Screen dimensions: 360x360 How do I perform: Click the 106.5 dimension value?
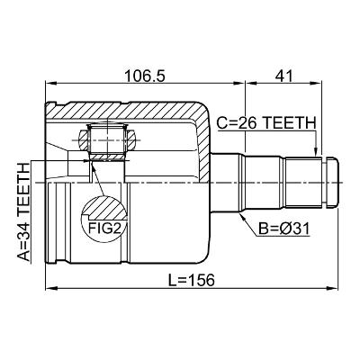point(145,76)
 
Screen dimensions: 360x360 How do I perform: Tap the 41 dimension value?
point(283,76)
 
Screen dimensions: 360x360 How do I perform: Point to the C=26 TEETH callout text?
point(266,123)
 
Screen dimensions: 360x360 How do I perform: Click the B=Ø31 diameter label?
point(284,229)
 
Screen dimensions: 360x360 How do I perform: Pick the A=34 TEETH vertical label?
point(24,211)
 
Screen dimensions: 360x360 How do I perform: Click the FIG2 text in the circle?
point(104,229)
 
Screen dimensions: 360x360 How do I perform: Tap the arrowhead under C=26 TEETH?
point(315,152)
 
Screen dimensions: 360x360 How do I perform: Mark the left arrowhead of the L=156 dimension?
point(50,289)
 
